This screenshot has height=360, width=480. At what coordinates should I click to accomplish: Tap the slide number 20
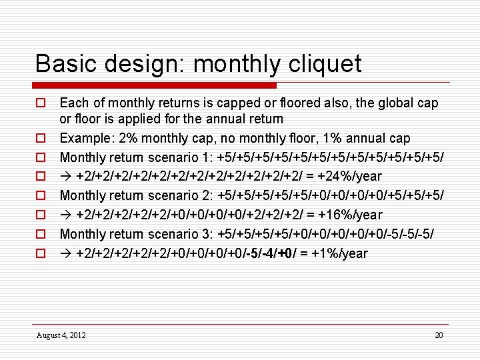point(439,335)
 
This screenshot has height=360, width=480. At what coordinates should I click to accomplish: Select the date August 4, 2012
point(61,335)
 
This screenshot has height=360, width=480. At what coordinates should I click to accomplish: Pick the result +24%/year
point(346,177)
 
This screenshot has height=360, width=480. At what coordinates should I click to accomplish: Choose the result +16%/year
point(346,215)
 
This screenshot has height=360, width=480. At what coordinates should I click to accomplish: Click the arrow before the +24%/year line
point(66,177)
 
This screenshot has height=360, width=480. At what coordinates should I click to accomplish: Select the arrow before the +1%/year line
point(66,254)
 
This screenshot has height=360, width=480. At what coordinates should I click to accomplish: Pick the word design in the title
point(145,64)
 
